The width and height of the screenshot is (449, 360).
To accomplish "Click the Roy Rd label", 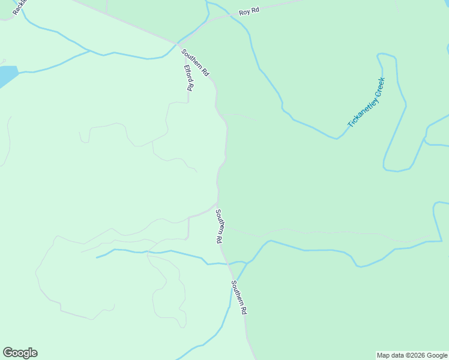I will [x=249, y=12].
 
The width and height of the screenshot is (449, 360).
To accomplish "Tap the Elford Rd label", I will [x=188, y=77].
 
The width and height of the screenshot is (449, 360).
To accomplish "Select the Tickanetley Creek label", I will [x=366, y=103].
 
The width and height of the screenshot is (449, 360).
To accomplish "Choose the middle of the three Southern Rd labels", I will [x=220, y=226].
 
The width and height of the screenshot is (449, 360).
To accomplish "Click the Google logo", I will [x=20, y=353].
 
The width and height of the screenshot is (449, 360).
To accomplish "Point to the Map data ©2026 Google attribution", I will [x=412, y=355].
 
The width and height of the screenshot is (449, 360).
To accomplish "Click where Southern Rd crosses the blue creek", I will [x=229, y=263].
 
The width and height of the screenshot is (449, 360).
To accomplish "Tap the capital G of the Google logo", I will [x=8, y=353].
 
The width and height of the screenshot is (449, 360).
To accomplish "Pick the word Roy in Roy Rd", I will [x=244, y=13].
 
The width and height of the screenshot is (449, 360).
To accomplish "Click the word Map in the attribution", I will [x=383, y=355].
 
